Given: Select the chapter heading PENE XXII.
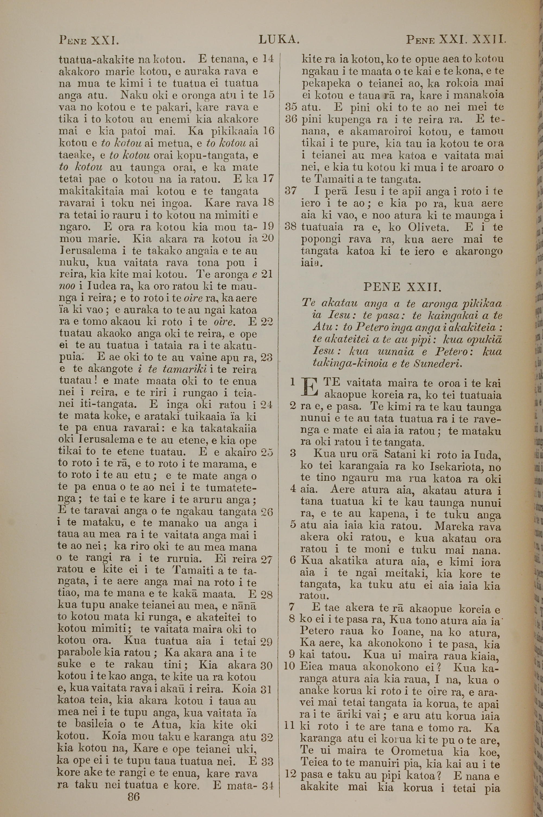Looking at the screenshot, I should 402,287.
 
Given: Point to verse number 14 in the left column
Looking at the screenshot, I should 268,59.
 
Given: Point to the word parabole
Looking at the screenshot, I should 79,652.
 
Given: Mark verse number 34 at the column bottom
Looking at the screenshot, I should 268,785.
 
